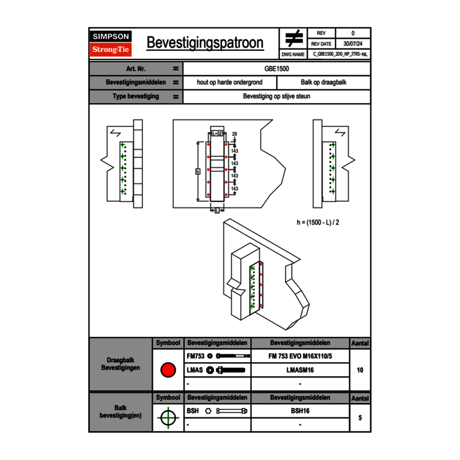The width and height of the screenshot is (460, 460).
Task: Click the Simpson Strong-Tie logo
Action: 111,43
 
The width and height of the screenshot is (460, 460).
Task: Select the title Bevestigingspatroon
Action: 205,43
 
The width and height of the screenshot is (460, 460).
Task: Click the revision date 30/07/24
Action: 353,44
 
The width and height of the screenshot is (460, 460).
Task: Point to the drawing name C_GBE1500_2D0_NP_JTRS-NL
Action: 340,54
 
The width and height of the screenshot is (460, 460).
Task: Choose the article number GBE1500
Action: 277,68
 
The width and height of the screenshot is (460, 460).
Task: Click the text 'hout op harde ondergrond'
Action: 229,83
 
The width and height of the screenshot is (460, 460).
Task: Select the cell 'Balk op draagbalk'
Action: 324,83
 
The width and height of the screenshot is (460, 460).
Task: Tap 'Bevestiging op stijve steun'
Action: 277,97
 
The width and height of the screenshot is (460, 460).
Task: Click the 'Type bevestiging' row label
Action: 135,97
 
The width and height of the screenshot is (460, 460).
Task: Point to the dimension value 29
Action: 235,134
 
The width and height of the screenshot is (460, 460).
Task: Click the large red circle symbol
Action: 167,370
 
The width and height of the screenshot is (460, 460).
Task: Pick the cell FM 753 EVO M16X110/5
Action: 300,356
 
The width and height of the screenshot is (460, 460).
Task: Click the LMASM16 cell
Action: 300,370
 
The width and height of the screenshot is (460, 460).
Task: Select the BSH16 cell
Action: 300,411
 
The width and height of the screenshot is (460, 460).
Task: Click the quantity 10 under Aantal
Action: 360,370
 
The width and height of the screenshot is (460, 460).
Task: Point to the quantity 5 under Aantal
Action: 360,418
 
